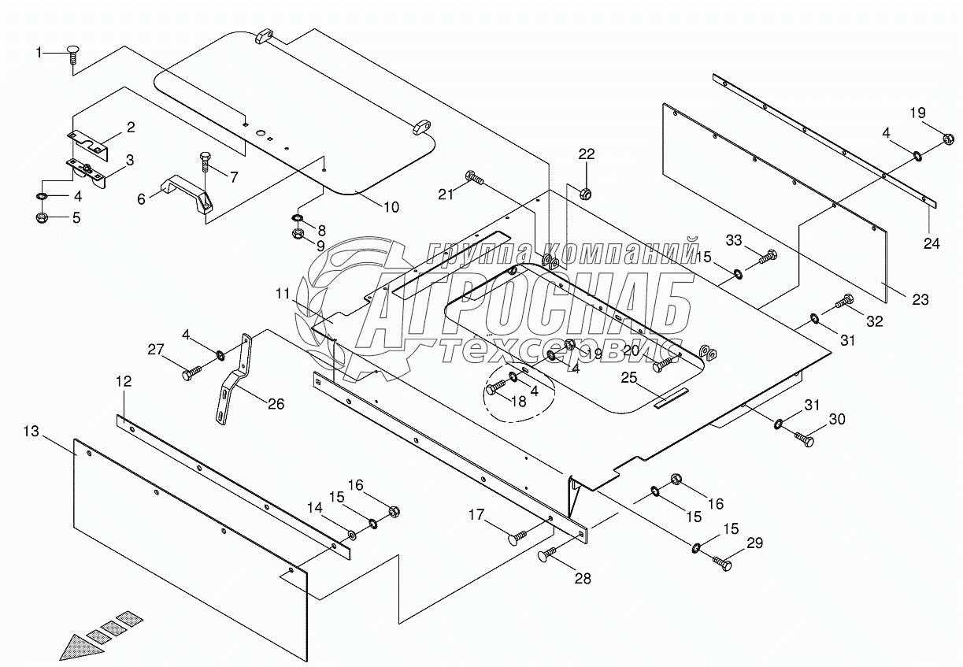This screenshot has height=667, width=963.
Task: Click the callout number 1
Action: click(x=38, y=52)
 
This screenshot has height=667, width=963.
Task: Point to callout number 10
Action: click(x=391, y=207)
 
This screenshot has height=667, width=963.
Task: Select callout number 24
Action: click(x=932, y=243)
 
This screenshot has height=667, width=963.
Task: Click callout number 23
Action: click(x=920, y=300)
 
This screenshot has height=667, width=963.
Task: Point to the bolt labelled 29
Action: click(x=722, y=562)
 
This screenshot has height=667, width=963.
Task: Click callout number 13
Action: click(x=31, y=431)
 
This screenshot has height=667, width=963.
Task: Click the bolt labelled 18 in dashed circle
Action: click(x=496, y=387)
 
